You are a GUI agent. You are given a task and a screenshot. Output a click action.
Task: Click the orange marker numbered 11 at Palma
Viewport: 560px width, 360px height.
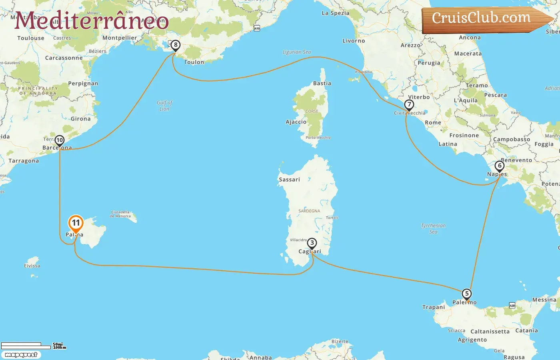(x=76, y=223)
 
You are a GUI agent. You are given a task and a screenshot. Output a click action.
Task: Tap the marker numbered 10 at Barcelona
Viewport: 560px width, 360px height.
(x=60, y=140)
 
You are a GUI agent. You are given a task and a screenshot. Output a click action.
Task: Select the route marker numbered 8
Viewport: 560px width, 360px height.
(x=175, y=45)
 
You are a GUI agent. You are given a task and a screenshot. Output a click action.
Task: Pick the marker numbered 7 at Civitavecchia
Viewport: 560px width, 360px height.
(x=409, y=105)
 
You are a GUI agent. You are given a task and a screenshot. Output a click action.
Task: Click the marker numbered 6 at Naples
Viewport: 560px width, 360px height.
(x=499, y=166)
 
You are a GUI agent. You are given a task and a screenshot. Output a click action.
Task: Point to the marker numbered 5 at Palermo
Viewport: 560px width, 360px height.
(x=466, y=294)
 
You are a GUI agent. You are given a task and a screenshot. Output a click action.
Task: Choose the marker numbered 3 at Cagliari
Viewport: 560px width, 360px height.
(x=312, y=243)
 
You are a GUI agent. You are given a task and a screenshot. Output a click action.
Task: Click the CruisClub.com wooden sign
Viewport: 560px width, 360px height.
(x=484, y=19)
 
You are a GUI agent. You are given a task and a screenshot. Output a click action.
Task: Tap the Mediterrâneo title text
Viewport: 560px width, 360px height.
(x=92, y=21)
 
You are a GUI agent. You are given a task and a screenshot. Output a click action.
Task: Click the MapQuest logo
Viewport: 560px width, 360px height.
(x=21, y=355)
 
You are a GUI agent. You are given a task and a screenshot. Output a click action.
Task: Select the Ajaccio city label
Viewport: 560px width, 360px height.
(x=296, y=122)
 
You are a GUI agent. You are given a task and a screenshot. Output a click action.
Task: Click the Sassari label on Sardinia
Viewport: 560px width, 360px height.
(x=289, y=180)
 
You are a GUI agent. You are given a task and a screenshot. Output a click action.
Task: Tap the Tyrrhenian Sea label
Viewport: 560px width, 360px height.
(x=433, y=228)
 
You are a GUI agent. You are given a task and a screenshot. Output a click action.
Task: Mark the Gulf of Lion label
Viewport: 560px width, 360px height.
(x=164, y=106)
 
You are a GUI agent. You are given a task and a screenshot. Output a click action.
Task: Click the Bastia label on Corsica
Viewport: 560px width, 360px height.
(x=322, y=84)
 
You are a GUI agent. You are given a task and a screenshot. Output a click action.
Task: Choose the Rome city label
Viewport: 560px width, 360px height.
(x=433, y=123)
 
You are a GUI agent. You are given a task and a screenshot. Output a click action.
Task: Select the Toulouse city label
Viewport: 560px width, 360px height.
(x=31, y=38)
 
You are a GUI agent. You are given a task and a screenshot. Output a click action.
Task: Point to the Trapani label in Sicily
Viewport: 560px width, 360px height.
(x=434, y=307)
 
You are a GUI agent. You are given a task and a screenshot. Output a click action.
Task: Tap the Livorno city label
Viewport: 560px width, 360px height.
(x=354, y=41)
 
